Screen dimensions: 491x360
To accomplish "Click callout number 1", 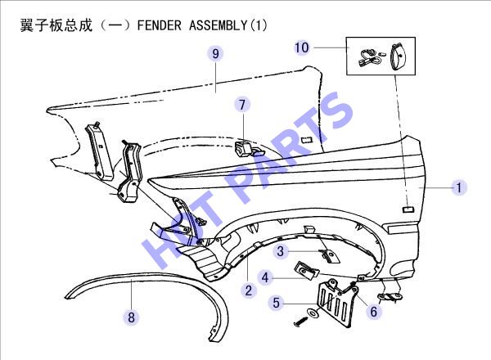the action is click(x=459, y=187).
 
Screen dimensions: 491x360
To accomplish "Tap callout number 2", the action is click(x=249, y=290).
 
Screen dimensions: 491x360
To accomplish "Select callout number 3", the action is click(x=280, y=250).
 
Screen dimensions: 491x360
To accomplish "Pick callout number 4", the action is click(x=265, y=277).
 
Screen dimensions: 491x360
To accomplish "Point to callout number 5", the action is click(x=276, y=303).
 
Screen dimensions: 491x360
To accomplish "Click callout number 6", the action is click(x=374, y=312).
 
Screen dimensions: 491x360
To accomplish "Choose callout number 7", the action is click(x=242, y=104).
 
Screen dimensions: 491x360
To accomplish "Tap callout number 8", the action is click(x=131, y=317).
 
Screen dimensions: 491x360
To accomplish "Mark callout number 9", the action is click(x=215, y=53).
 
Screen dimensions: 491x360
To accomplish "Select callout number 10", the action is click(x=301, y=47).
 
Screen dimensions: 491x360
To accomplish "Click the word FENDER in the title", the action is click(x=159, y=25).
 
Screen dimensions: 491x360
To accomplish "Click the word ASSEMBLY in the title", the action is click(x=218, y=25).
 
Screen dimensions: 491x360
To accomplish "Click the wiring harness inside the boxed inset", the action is click(x=370, y=58).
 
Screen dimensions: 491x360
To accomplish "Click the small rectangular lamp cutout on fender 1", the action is click(x=408, y=209).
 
